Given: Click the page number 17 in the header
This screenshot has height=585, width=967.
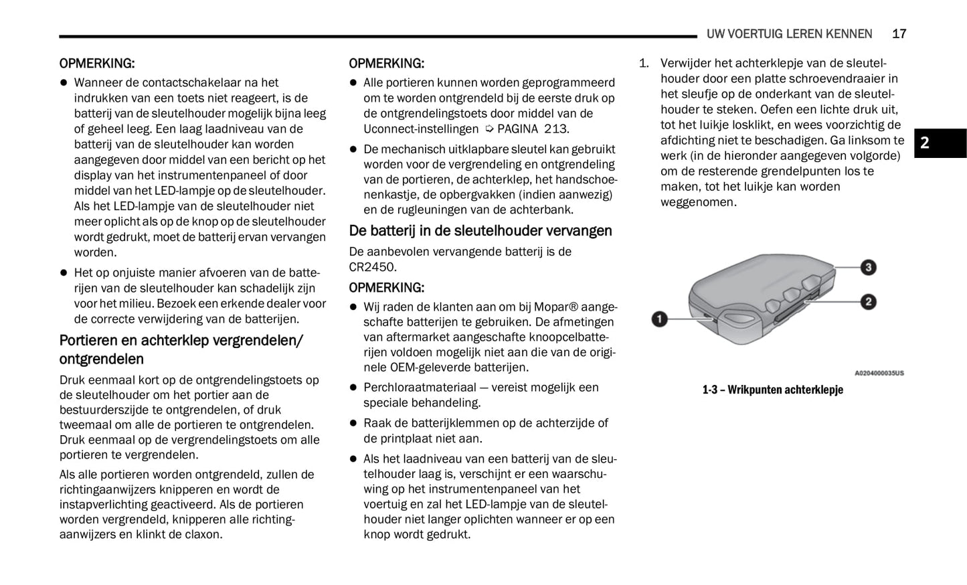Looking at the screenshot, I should [899, 34].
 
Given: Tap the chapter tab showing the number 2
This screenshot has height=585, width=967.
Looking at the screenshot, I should [924, 143].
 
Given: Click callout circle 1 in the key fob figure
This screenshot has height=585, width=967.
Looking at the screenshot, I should [659, 319].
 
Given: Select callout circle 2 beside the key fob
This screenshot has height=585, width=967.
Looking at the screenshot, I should [868, 302].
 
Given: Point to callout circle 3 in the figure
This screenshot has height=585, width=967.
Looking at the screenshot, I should [868, 268].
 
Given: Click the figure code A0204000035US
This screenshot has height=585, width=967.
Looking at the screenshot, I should [879, 373].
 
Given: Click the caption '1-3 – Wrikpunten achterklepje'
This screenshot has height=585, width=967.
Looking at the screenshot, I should [772, 390].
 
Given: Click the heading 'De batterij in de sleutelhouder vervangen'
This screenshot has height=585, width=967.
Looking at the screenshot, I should [480, 231].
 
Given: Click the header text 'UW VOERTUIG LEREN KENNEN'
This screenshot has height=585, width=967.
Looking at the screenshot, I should [789, 34].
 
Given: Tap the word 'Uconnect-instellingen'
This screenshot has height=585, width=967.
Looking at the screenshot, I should [421, 129].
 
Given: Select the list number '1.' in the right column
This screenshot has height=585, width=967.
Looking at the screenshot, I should [644, 64].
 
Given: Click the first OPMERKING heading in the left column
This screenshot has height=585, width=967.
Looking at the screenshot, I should [96, 64].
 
